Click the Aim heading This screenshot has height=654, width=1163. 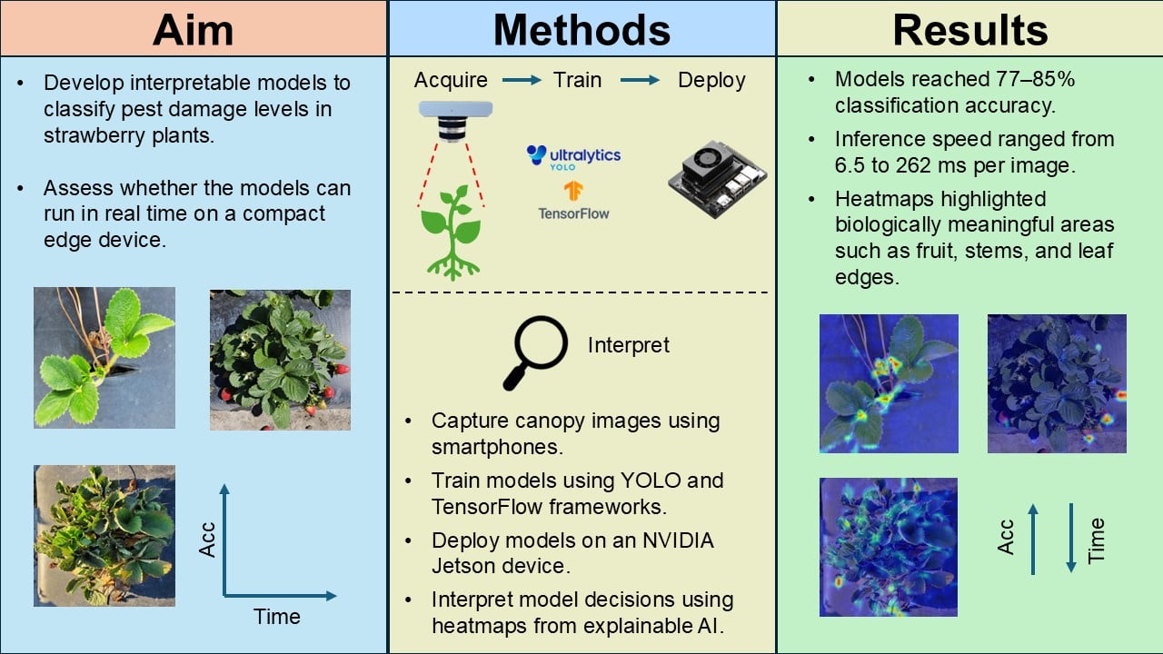click(x=194, y=30)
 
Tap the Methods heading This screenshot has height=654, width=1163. click(x=582, y=30)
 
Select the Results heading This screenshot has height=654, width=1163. click(x=969, y=30)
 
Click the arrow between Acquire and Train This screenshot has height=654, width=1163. click(x=522, y=80)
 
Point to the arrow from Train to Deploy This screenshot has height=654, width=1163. click(x=641, y=80)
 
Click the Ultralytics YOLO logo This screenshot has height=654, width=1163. click(x=573, y=157)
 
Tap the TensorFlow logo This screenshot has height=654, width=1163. click(x=573, y=201)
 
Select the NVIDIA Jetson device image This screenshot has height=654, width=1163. click(x=718, y=179)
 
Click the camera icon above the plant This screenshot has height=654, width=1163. click(x=455, y=121)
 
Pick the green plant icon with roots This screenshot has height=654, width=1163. click(x=452, y=233)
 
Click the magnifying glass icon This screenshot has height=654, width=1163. click(x=535, y=352)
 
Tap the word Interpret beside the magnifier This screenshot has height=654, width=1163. click(x=628, y=345)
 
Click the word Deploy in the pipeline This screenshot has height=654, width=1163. click(x=711, y=81)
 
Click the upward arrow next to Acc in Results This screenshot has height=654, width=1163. click(x=1033, y=540)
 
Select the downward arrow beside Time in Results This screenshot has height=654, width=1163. click(x=1071, y=538)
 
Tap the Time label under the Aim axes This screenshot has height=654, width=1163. click(x=277, y=617)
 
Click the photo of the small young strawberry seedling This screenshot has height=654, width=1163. click(x=104, y=358)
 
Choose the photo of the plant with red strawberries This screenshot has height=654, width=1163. click(x=281, y=360)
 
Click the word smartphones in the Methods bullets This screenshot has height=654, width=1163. click(x=497, y=447)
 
